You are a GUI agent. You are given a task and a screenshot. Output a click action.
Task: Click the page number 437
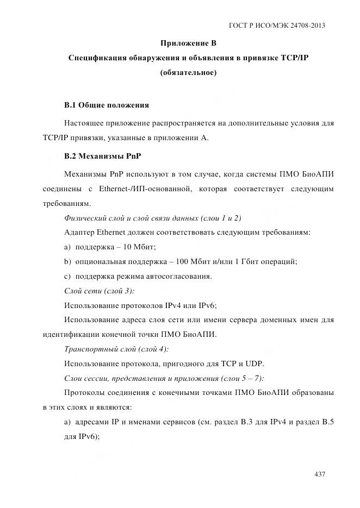(320, 474)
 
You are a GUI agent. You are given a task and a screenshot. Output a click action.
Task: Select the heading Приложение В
(188, 43)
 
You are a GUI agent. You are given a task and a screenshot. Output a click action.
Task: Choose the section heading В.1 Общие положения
(107, 104)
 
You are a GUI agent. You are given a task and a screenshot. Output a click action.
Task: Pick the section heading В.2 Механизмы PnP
(103, 156)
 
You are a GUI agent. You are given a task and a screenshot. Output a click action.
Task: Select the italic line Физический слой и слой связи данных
(153, 218)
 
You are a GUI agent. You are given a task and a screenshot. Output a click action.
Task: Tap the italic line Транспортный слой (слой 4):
(116, 349)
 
